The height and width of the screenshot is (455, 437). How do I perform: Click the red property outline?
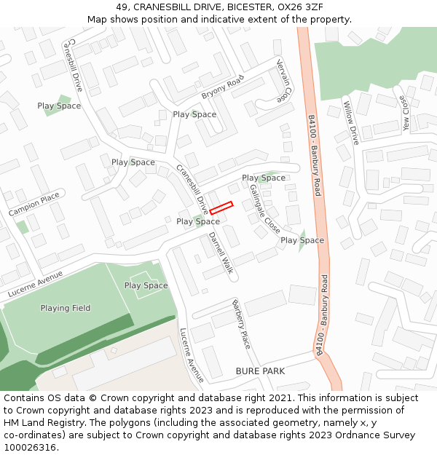(x=221, y=207)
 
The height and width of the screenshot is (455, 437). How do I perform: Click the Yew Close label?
(x=404, y=111)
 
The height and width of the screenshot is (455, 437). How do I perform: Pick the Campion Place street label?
(x=34, y=204)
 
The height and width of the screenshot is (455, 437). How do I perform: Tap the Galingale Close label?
(x=264, y=207)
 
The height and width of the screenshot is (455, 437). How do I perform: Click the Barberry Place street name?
(x=241, y=323)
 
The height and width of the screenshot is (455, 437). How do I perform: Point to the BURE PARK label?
(x=260, y=371)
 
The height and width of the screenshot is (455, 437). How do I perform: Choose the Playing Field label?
(x=66, y=308)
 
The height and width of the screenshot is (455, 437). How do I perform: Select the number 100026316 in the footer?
(x=31, y=448)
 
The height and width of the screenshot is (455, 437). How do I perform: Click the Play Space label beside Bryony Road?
(x=194, y=114)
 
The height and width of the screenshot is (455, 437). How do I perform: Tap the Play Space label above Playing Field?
(x=146, y=285)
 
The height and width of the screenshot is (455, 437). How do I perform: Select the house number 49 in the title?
(x=122, y=7)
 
